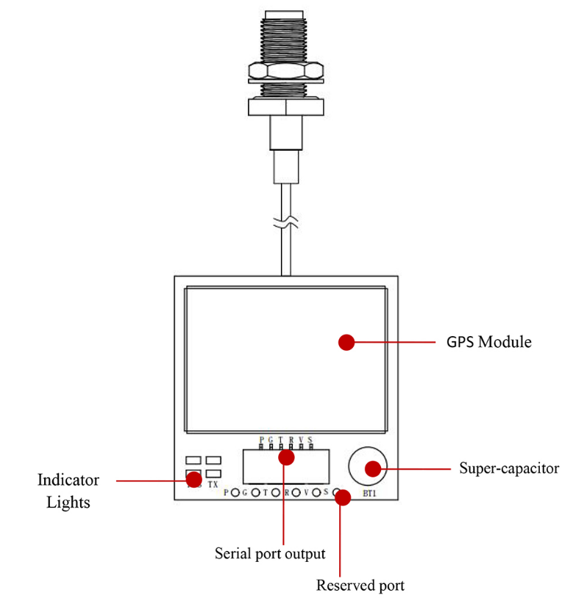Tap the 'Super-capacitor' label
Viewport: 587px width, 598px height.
tap(509, 468)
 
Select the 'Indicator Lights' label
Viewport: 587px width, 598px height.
tap(68, 491)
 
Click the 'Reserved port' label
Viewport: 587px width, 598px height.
tap(360, 585)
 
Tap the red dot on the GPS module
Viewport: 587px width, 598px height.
tap(346, 342)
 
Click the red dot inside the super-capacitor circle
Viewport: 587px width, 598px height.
tap(373, 468)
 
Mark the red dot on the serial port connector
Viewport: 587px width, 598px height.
tap(286, 458)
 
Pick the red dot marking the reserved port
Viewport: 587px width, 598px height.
tap(342, 498)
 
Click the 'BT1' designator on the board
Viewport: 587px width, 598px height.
tap(369, 494)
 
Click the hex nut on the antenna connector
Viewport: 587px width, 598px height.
tap(285, 72)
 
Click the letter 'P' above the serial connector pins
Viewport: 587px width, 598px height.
tap(261, 439)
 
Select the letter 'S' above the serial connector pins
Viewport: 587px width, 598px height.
tap(310, 439)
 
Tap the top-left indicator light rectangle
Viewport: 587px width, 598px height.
tap(193, 460)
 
